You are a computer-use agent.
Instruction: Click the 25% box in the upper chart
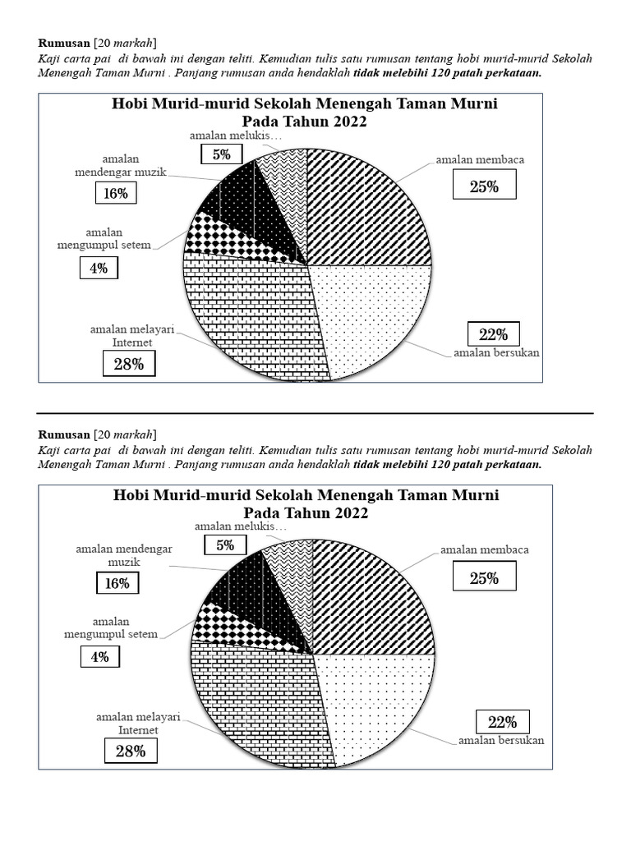(485, 187)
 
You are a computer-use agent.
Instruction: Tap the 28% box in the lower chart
(130, 751)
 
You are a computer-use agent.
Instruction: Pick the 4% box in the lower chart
(100, 657)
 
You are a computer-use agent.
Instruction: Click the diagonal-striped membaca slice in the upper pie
(362, 205)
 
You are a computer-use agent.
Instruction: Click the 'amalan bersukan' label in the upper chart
(498, 354)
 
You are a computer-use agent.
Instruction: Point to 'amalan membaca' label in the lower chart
(485, 549)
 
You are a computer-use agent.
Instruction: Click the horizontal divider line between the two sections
(315, 413)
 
